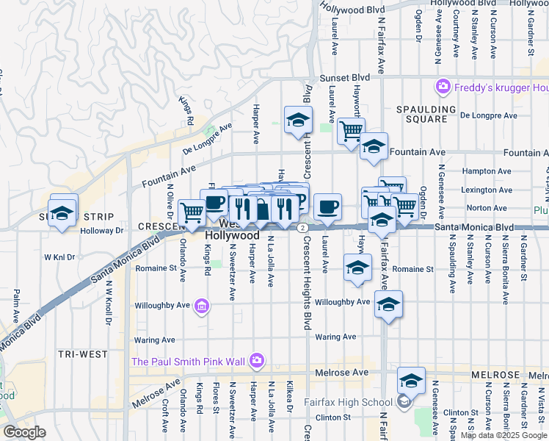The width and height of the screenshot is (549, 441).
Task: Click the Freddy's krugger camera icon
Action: click(x=443, y=87)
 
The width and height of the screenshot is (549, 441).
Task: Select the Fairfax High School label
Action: click(x=356, y=401)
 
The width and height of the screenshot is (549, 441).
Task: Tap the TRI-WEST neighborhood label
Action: click(x=82, y=354)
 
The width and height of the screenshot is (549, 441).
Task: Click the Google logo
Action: click(x=24, y=432)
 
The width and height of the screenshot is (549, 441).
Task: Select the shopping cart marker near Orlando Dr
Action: click(x=192, y=212)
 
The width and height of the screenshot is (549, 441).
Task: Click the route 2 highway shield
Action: click(x=302, y=228)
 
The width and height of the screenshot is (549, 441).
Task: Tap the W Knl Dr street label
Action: click(x=61, y=257)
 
